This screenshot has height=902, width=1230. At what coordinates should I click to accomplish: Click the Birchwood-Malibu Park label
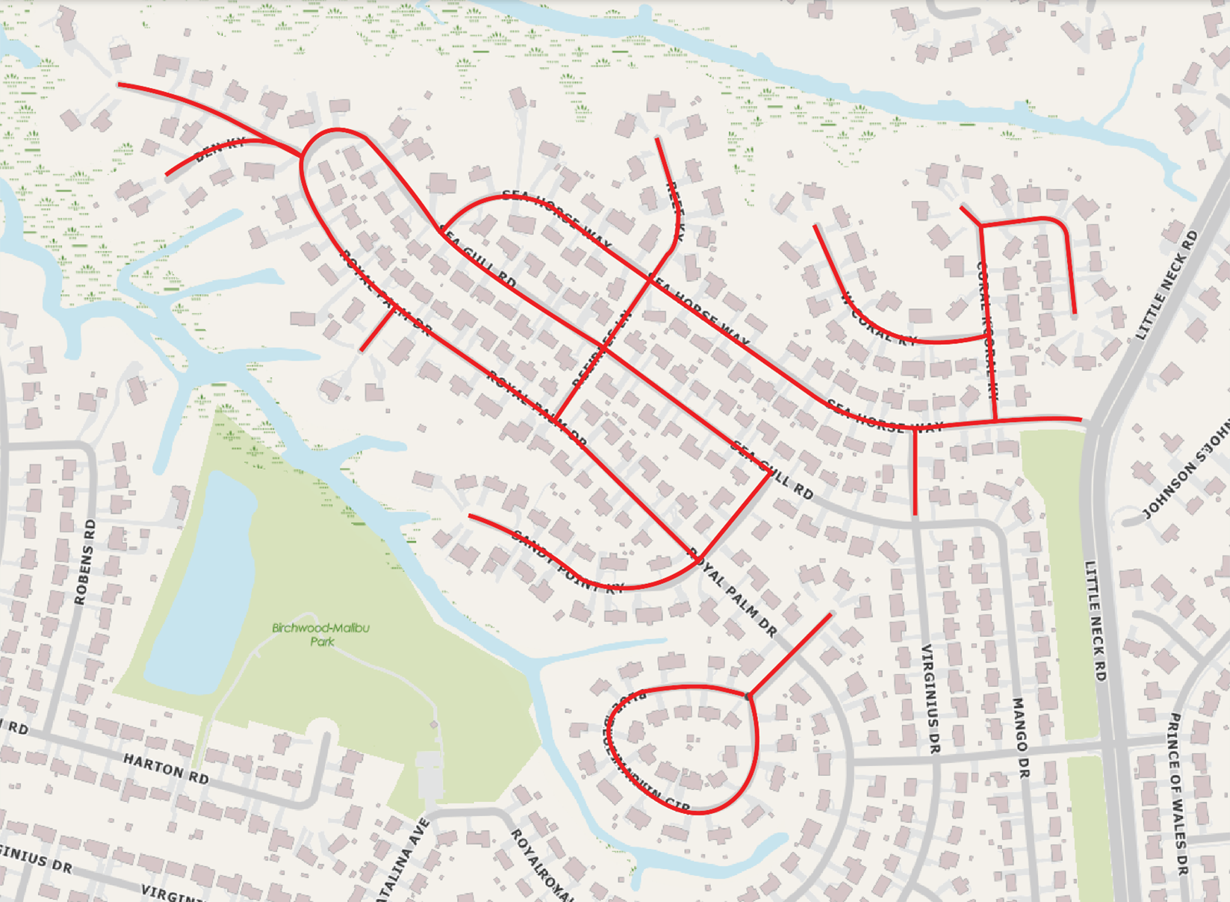(320, 635)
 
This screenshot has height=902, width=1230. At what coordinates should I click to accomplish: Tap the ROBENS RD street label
(85, 562)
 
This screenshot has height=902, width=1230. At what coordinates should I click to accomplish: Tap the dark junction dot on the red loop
(748, 697)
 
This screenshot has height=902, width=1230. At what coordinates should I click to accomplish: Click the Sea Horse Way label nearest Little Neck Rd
(885, 419)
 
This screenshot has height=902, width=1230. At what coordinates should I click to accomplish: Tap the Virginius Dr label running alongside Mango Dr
(930, 698)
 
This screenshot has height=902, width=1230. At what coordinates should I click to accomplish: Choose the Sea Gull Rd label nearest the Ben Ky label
(478, 258)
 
